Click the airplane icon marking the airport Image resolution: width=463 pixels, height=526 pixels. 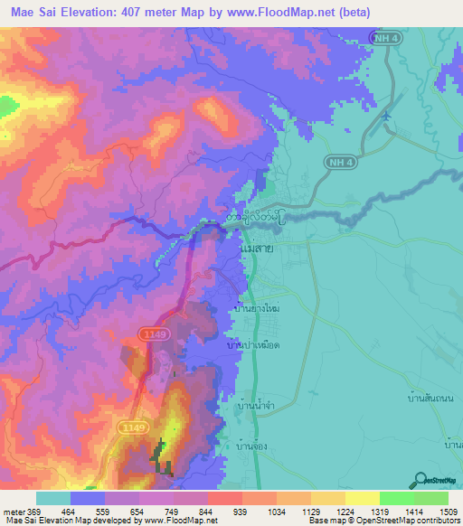point(388,116)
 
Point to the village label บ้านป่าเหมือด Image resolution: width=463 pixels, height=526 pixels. point(252,345)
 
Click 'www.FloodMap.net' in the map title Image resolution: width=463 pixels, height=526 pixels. point(279,13)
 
